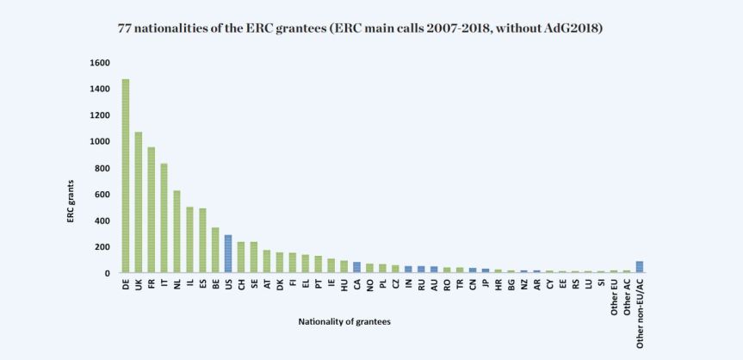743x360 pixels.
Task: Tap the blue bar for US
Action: click(x=228, y=254)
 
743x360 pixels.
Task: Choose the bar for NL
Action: click(x=176, y=232)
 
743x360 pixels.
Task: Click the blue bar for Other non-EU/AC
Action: click(x=639, y=267)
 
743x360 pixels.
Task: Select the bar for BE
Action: click(x=215, y=251)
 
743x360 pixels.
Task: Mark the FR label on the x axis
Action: click(x=152, y=284)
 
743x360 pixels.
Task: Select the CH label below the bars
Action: click(x=241, y=284)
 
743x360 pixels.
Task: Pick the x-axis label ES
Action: click(x=202, y=284)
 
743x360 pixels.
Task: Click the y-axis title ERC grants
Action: click(x=72, y=202)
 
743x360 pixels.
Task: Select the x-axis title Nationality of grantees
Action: click(x=344, y=321)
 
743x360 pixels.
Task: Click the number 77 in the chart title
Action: click(x=124, y=28)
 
